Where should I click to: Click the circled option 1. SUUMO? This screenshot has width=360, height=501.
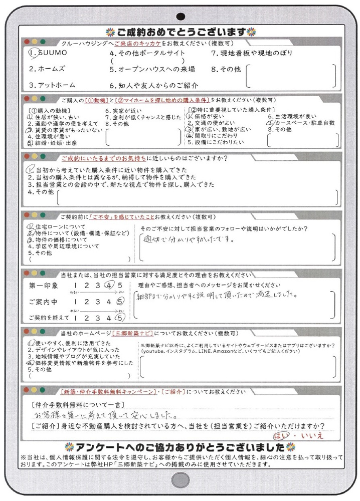point(48,53)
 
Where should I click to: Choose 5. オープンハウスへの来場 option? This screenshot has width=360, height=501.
point(152,69)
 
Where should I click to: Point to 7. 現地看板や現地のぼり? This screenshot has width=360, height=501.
point(251,53)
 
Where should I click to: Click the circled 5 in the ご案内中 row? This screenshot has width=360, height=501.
point(119,302)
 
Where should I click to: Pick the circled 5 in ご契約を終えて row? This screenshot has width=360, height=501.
point(119,317)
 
